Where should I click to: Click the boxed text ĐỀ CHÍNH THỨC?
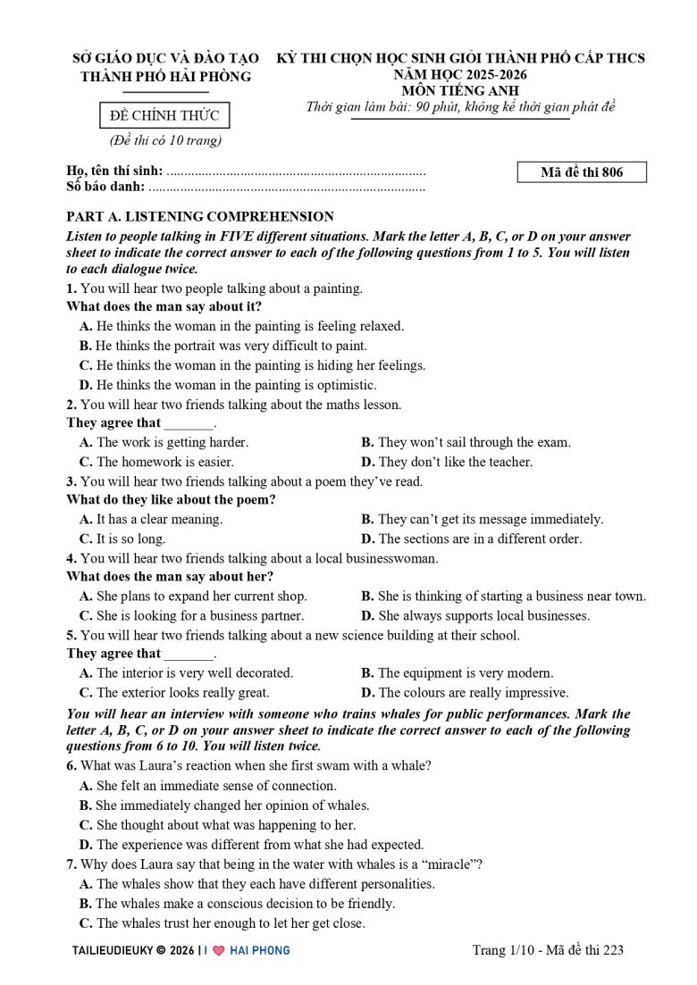(164, 116)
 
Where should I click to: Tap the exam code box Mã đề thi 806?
(582, 172)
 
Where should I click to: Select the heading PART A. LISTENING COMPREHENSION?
(200, 217)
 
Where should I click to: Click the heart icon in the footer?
(218, 950)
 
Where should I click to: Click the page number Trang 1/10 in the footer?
(504, 950)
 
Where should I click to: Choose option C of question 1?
(252, 365)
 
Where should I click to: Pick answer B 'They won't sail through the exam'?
(466, 442)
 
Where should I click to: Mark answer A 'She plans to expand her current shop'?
(193, 596)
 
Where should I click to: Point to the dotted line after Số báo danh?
(287, 188)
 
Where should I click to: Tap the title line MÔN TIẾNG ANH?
(460, 91)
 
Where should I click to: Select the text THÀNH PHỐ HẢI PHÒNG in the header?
(166, 77)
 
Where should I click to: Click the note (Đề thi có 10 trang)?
(165, 140)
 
